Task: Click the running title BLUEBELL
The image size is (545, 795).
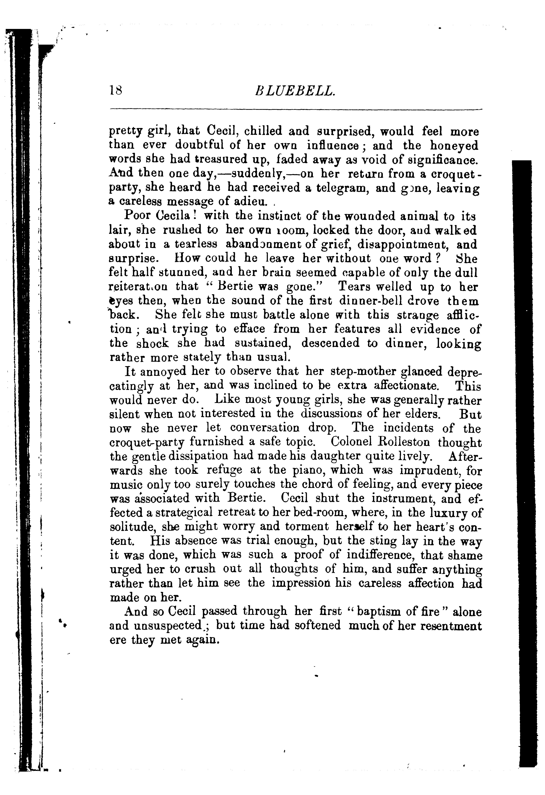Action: pos(295,91)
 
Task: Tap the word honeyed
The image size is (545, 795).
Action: pos(454,146)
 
